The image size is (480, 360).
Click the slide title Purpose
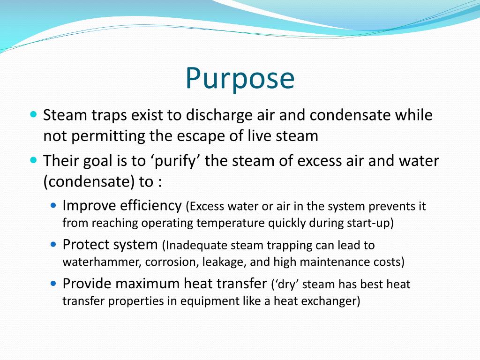(x=240, y=78)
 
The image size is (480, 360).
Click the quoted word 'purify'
(x=175, y=161)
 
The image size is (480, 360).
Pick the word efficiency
(x=150, y=205)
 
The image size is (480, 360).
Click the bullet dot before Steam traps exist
(x=33, y=114)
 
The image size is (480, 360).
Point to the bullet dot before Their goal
(x=33, y=160)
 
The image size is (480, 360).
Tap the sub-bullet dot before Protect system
(x=53, y=244)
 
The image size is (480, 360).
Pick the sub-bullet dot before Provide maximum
(x=53, y=283)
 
